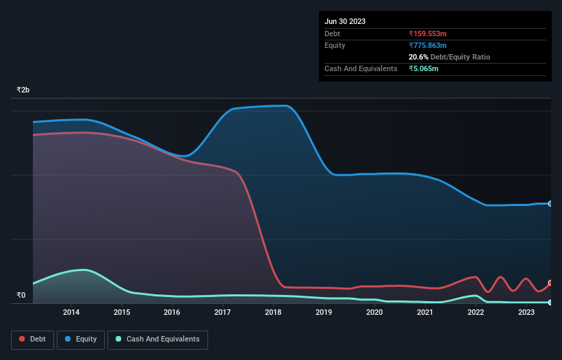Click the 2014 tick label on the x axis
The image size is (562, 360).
71,313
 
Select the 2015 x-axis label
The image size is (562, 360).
122,313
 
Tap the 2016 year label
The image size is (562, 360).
172,313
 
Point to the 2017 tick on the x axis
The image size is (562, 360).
222,313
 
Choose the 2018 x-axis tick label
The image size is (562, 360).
273,313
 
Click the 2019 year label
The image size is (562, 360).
324,313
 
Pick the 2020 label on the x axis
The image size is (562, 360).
374,313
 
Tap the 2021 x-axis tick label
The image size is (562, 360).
425,313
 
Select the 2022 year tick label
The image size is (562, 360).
476,313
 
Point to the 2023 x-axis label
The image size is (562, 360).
526,313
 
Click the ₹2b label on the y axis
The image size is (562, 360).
23,90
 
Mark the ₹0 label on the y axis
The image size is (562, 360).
21,296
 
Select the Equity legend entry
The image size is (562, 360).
81,339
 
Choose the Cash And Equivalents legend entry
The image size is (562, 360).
157,339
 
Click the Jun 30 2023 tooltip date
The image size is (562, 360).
345,21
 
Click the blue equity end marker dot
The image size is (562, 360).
550,204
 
